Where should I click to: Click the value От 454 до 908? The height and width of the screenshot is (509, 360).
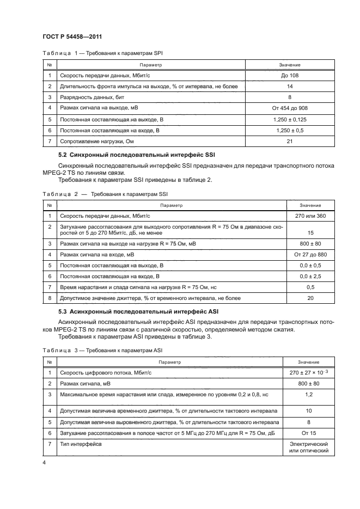click(x=290, y=108)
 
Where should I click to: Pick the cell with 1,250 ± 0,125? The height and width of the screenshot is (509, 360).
click(x=290, y=120)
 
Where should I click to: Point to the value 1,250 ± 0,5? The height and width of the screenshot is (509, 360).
click(x=290, y=131)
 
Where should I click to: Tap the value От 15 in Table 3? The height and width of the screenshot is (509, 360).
click(x=309, y=433)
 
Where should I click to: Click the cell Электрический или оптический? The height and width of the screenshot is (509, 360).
click(x=309, y=447)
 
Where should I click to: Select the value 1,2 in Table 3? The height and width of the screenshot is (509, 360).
click(x=309, y=394)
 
